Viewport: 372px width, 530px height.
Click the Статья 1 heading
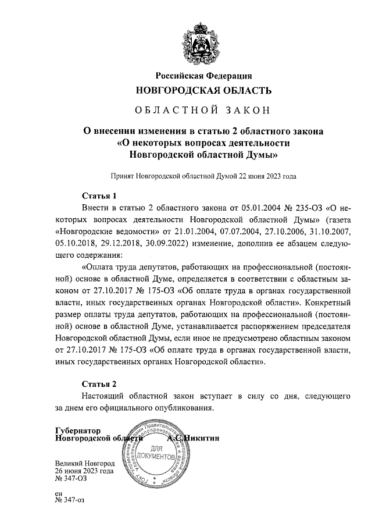[98, 195]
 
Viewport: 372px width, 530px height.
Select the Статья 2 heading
[98, 385]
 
